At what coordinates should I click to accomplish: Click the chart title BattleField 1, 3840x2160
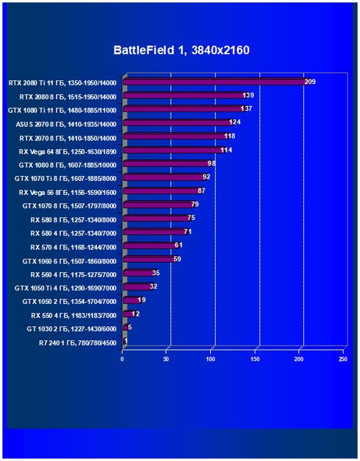181,51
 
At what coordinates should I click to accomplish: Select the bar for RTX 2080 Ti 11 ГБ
215,82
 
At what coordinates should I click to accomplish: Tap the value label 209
310,82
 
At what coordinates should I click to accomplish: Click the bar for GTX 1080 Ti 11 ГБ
184,109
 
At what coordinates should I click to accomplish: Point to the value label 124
234,123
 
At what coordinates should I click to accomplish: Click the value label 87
201,191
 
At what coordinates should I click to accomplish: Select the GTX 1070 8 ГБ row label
69,206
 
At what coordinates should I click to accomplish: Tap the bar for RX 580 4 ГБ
155,232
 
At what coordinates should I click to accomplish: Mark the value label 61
178,246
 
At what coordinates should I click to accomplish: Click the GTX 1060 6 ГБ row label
69,261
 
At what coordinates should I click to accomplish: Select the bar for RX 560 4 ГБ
138,273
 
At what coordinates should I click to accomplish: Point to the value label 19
142,300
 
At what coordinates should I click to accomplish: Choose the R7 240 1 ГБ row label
77,343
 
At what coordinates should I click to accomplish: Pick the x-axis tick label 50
166,359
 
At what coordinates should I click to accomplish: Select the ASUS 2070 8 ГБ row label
66,123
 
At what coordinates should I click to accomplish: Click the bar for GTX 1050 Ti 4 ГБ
137,287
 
